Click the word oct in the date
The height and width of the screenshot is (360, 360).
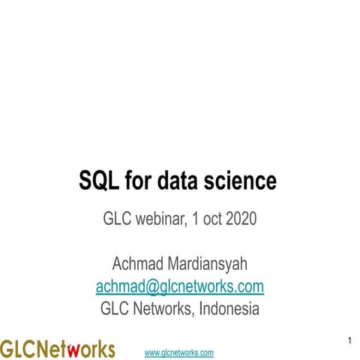[x=210, y=220]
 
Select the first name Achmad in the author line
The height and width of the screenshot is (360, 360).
[x=139, y=265]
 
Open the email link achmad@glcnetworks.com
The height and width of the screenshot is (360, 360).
[x=179, y=286]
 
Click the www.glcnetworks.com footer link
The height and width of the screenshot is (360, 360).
[x=178, y=352]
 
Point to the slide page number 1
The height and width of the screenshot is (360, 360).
[x=350, y=342]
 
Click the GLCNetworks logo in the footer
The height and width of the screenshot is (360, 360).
[x=58, y=349]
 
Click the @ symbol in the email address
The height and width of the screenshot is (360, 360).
[x=153, y=286]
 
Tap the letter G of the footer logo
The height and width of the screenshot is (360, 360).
[x=7, y=349]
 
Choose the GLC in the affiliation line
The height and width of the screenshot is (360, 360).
[x=115, y=309]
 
